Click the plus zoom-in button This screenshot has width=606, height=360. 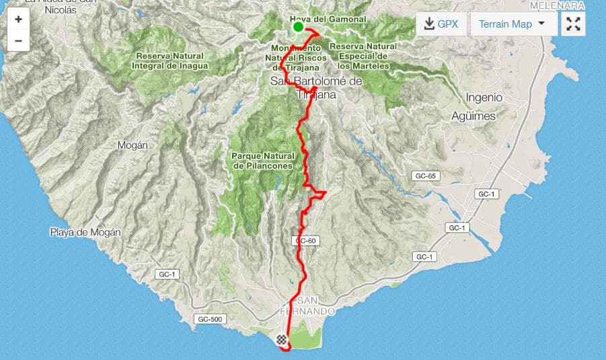tap(18, 19)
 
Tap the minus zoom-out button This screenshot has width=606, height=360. tap(18, 40)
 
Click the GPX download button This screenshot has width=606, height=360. tap(441, 24)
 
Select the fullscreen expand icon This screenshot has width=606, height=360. tap(573, 24)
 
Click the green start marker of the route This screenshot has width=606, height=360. tap(298, 27)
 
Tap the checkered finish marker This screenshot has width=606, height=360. tap(280, 340)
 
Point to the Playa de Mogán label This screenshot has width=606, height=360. tap(85, 233)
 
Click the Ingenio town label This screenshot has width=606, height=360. tap(484, 97)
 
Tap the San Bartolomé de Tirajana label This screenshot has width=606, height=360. tap(316, 87)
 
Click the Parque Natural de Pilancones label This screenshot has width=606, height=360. tap(263, 160)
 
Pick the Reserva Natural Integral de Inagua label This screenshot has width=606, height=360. tap(172, 61)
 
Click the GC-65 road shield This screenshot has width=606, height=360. tap(426, 176)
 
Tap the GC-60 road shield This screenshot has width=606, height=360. tap(305, 241)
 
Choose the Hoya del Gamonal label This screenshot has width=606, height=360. tap(328, 20)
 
